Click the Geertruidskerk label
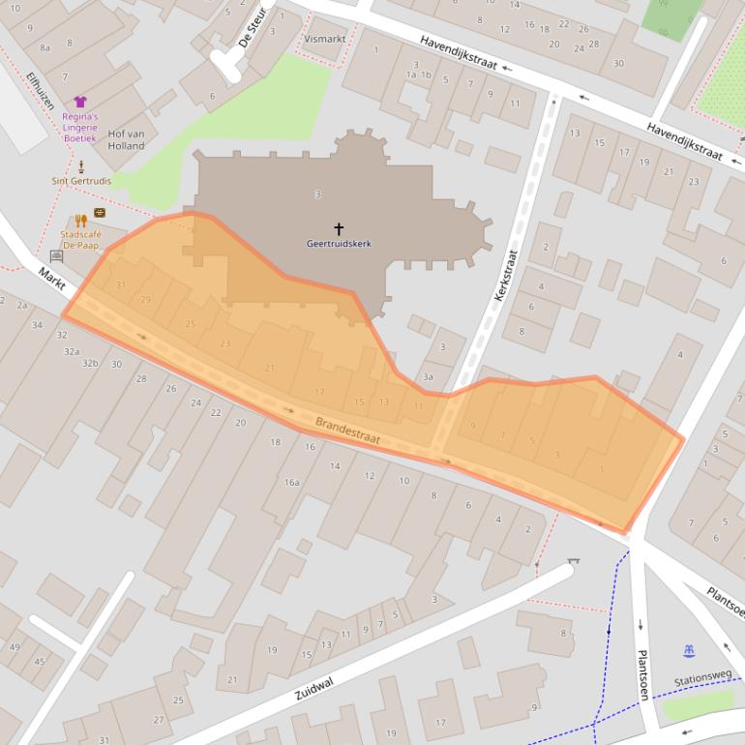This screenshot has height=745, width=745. tap(339, 244)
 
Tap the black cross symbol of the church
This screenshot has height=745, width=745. tap(339, 229)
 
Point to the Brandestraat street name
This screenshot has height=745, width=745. tap(347, 432)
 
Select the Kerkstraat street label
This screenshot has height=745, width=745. tap(506, 276)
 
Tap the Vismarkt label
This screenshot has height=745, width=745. tap(324, 39)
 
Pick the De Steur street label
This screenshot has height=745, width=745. tap(250, 28)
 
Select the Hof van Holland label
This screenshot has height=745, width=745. tap(126, 139)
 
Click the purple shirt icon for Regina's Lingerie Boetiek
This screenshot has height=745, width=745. tap(80, 102)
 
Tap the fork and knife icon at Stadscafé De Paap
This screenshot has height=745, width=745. tap(80, 221)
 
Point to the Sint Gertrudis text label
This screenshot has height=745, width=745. tap(81, 181)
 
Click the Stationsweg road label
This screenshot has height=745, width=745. tap(702, 679)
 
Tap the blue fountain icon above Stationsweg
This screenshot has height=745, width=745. tap(688, 650)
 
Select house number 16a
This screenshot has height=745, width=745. tap(291, 482)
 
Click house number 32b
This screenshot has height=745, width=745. tap(90, 363)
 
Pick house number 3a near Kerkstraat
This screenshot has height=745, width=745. tap(427, 377)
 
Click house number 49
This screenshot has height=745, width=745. tap(15, 646)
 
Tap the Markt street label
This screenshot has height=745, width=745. tap(51, 275)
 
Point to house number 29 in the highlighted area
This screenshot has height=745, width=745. tap(146, 300)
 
